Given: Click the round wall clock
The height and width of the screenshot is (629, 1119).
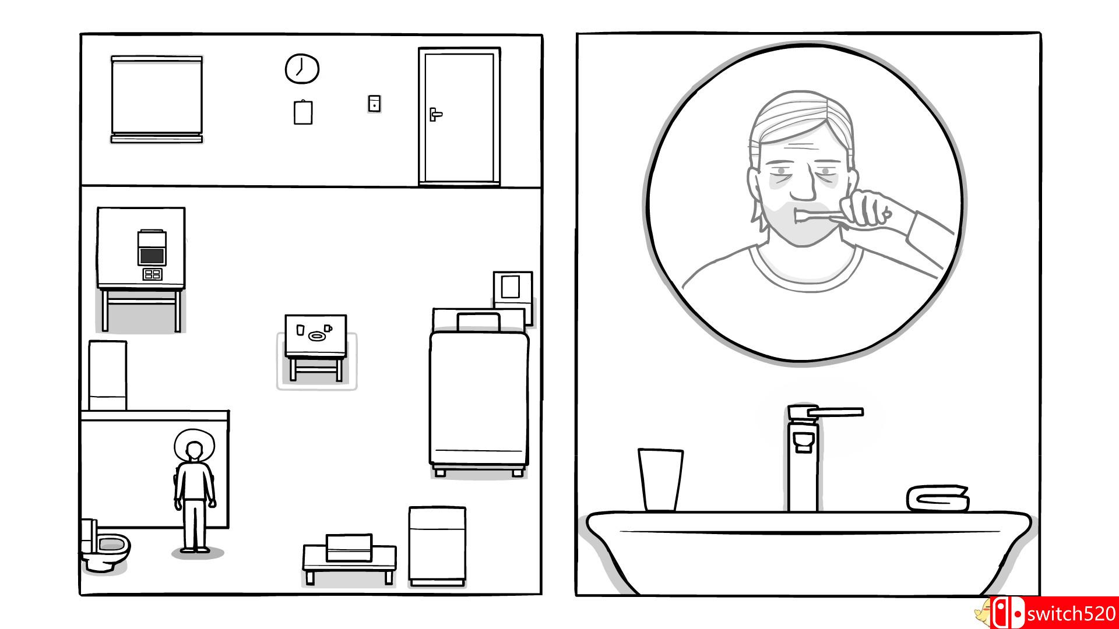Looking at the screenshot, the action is [x=302, y=69].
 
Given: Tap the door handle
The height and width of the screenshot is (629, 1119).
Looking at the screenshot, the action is [x=435, y=114].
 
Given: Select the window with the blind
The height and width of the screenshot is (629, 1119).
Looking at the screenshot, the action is [x=157, y=99].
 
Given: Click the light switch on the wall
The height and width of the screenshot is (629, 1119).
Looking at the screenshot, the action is [x=375, y=104].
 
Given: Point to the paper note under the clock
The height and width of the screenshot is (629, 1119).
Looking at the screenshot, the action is [x=303, y=112].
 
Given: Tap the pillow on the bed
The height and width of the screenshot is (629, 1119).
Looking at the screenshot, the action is [x=478, y=322].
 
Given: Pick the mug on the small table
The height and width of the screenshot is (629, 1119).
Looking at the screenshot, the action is [x=328, y=328].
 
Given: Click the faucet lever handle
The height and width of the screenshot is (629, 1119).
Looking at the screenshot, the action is [x=826, y=412].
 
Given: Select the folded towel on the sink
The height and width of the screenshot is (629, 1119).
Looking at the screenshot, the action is [x=938, y=498].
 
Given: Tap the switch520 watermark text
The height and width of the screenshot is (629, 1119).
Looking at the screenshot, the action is [x=1071, y=614].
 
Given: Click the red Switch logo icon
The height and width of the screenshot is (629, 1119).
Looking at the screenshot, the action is [x=1007, y=613].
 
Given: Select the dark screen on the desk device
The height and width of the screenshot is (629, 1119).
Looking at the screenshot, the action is [x=152, y=255].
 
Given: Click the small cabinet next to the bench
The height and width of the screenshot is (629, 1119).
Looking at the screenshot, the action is [x=437, y=546].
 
